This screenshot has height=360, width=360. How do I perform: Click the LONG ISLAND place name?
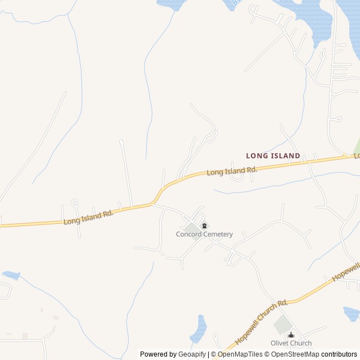click(273, 155)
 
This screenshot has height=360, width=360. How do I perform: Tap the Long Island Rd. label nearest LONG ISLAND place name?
click(232, 170)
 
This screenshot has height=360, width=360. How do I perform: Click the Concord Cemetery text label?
click(204, 235)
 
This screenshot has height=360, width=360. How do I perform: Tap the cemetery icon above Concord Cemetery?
click(204, 226)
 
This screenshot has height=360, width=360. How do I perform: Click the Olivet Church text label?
click(290, 343)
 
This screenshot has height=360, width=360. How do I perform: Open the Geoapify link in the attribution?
click(192, 354)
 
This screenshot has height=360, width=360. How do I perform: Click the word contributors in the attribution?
click(339, 354)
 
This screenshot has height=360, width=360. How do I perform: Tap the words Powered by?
click(157, 354)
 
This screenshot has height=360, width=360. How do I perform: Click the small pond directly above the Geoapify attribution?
click(199, 330)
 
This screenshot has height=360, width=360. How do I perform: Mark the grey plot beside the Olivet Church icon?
click(282, 325)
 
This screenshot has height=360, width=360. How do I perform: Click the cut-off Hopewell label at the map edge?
click(346, 272)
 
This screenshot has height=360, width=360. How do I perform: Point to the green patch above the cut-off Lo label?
click(357, 146)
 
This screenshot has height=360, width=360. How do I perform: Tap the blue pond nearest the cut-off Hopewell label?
click(352, 313)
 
